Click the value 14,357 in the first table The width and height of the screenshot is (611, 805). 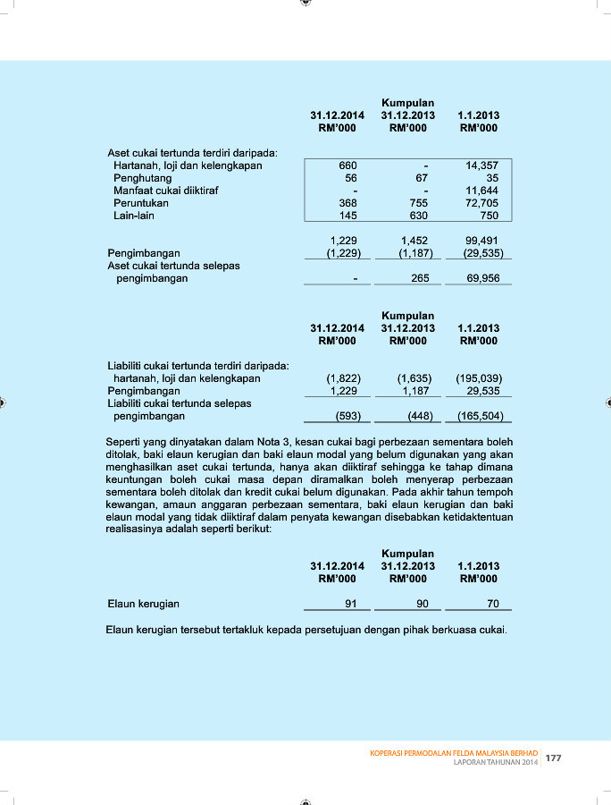click(x=481, y=165)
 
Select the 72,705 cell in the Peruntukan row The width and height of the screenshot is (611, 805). click(x=481, y=203)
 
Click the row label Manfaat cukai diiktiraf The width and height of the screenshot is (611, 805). click(x=166, y=191)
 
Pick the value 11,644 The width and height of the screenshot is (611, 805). click(x=481, y=191)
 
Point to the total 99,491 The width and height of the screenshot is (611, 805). click(x=481, y=241)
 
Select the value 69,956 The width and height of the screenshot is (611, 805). click(x=481, y=278)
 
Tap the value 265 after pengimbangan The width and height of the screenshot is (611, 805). click(x=420, y=278)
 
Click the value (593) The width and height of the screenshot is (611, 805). click(x=347, y=416)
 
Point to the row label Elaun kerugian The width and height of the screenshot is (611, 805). click(x=143, y=604)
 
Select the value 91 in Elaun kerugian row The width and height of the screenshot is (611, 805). click(x=351, y=604)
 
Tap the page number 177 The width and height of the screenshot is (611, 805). click(x=554, y=758)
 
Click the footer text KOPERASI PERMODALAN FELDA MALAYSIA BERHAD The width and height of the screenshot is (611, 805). click(x=454, y=753)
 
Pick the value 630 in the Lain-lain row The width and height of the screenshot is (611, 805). click(x=418, y=216)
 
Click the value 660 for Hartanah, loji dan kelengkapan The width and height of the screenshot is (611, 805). click(x=348, y=165)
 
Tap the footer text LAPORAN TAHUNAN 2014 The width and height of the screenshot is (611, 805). click(x=496, y=762)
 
